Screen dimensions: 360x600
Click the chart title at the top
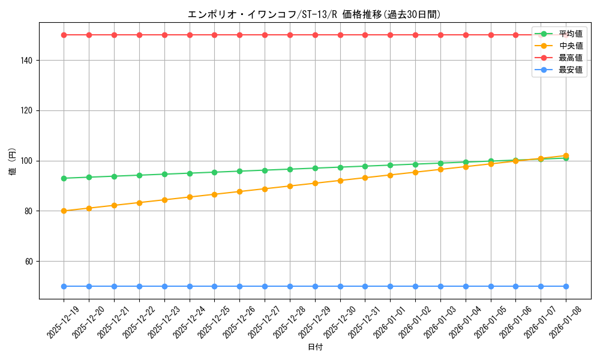[x=315, y=14]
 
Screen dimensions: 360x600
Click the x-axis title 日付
[x=315, y=347]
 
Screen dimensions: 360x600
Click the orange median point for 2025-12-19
[x=64, y=211]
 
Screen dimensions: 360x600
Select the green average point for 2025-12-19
[x=64, y=178]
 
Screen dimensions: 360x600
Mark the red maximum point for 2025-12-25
[x=215, y=35]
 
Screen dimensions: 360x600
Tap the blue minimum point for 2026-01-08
[x=566, y=287]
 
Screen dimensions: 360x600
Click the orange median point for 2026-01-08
[x=566, y=156]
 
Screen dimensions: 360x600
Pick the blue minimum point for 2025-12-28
[x=290, y=287]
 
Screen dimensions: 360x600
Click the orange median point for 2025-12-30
[x=340, y=181]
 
